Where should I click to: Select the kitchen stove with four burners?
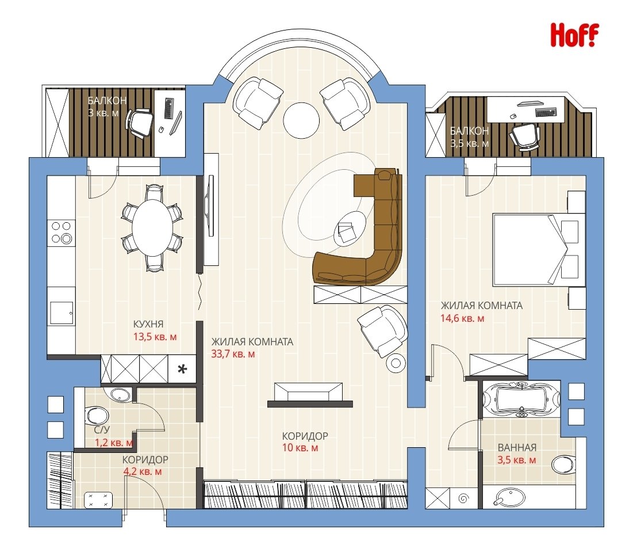tap(62, 233)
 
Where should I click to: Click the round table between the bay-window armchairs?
tap(301, 121)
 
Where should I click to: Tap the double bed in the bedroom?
tap(539, 250)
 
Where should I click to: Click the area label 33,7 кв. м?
tap(233, 355)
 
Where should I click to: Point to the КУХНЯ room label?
tap(148, 324)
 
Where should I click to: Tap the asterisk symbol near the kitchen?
tap(182, 368)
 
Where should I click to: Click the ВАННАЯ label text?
tap(517, 448)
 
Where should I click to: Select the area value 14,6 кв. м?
tap(462, 318)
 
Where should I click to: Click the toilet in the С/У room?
tap(97, 416)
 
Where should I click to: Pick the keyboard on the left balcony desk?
tap(168, 108)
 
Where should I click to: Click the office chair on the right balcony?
tap(524, 136)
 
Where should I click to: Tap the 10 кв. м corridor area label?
tap(300, 448)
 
